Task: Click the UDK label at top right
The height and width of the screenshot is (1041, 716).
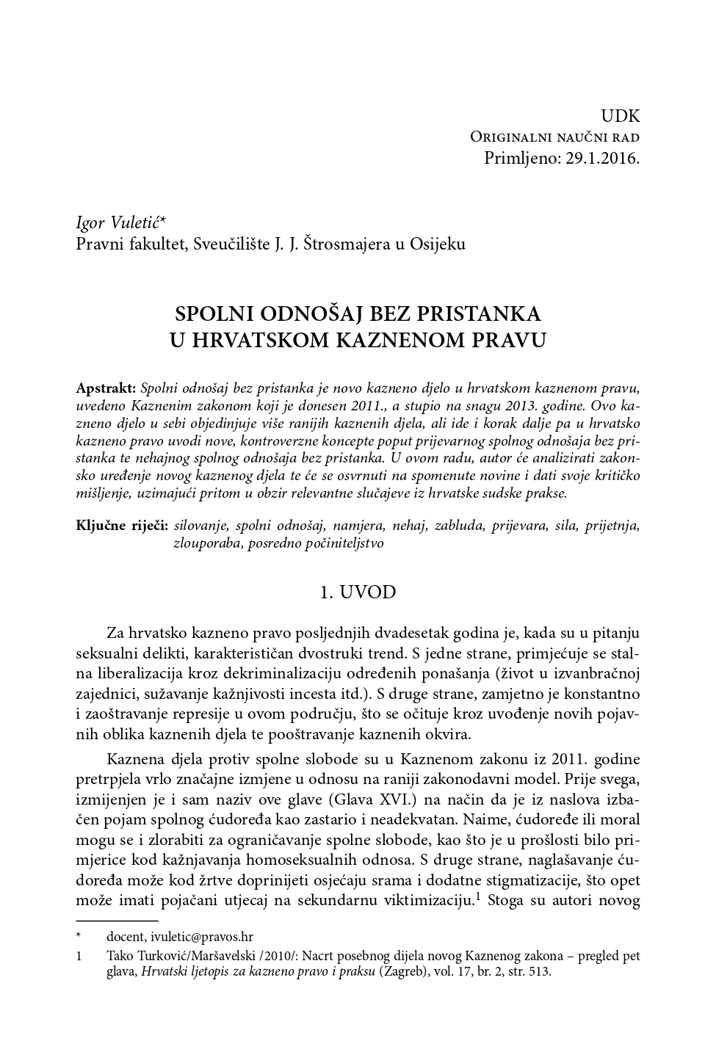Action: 620,116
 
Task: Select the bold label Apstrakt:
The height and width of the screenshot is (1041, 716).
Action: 106,387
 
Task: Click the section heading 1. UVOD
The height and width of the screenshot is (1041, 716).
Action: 358,592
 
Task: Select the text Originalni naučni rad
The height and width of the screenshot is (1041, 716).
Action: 554,137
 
